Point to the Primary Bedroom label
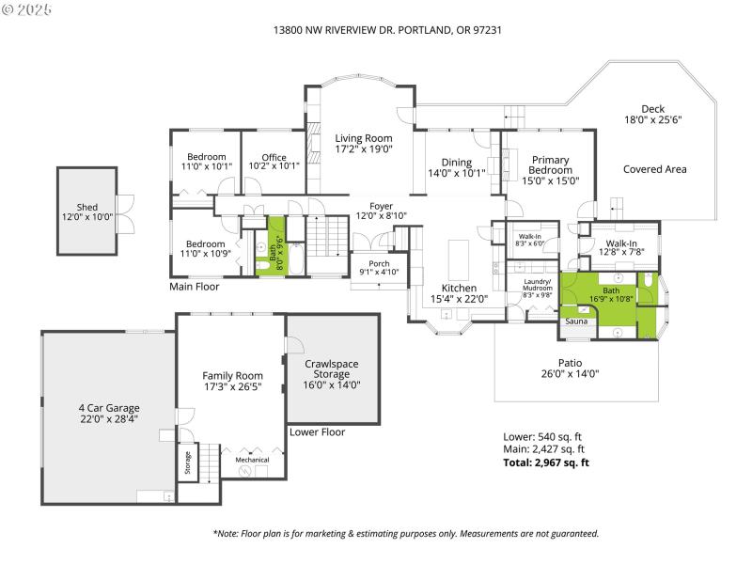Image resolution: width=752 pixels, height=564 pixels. pos(550,165)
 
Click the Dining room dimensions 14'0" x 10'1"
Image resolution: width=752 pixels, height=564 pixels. pos(457,173)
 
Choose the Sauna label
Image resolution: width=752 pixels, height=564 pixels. pos(575,321)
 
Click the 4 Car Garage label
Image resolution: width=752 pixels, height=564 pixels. pos(108,408)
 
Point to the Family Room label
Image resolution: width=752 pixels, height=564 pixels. pos(232,375)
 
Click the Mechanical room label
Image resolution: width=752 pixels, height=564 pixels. pos(252,460)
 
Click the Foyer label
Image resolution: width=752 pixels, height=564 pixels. pos(381,206)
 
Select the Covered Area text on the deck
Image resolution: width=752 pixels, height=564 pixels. pos(654,169)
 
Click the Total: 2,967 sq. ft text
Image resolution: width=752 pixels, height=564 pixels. pos(547,462)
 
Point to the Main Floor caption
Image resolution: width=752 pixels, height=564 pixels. pos(195,287)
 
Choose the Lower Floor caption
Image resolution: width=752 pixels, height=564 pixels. pos(319,432)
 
